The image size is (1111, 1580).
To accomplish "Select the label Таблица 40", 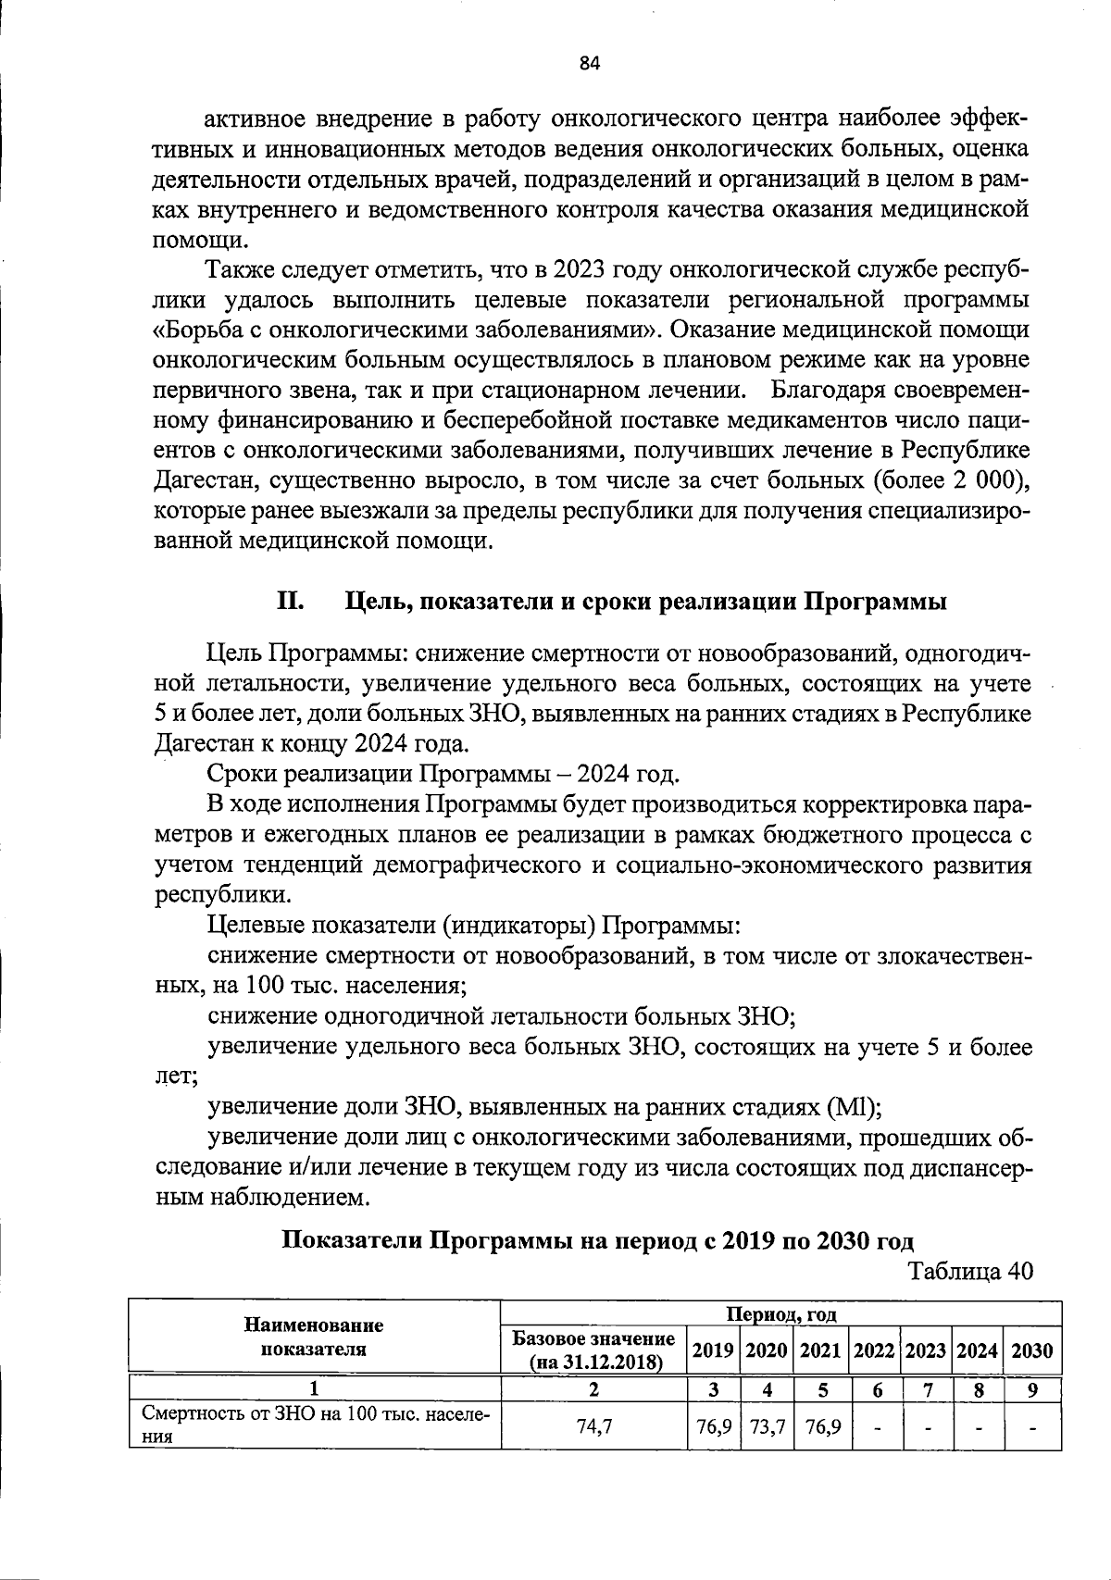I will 970,1271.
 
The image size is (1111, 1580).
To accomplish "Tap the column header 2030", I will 1031,1350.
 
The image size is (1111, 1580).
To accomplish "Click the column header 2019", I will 713,1350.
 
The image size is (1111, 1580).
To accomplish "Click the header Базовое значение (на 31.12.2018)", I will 593,1350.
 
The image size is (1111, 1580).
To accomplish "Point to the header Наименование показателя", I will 314,1337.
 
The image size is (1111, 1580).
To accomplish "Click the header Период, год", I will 780,1313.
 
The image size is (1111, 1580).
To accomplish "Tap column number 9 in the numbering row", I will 1031,1389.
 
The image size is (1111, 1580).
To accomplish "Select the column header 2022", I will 873,1350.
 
